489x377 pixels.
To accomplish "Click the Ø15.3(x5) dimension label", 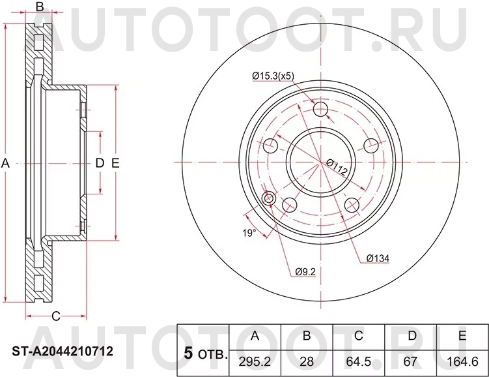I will click(x=273, y=76).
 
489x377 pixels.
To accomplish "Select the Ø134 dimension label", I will click(x=376, y=259).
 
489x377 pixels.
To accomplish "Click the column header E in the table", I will click(x=462, y=337).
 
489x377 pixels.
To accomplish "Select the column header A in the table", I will click(x=255, y=337).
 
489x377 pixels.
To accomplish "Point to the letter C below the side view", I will click(x=55, y=316).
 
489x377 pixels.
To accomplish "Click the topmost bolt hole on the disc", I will click(x=321, y=109).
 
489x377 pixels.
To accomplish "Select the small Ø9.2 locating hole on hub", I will click(x=268, y=198).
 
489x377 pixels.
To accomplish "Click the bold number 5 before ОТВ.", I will click(x=188, y=354).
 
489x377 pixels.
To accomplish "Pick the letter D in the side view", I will click(x=100, y=163).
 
